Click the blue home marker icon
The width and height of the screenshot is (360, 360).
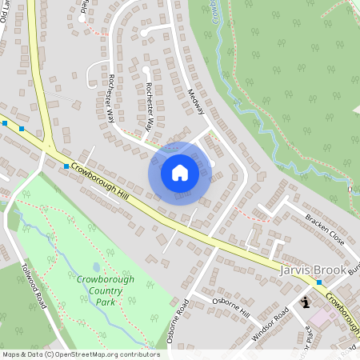pyautogui.click(x=180, y=173)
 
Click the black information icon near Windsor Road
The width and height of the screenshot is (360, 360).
pyautogui.click(x=306, y=302)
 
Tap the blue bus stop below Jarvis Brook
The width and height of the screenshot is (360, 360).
pyautogui.click(x=319, y=282)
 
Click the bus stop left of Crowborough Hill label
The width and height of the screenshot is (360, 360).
pyautogui.click(x=66, y=166)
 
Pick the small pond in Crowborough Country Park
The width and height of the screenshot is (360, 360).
pyautogui.click(x=95, y=267)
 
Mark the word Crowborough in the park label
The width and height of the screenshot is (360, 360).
pyautogui.click(x=106, y=279)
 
